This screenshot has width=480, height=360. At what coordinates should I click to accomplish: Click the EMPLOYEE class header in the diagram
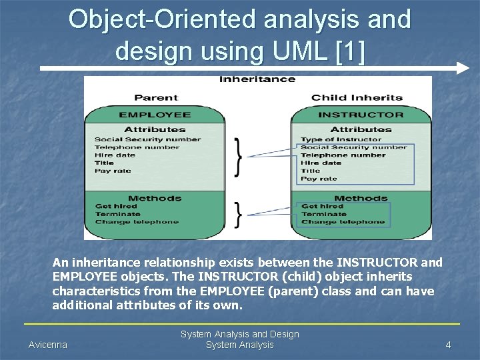click(155, 115)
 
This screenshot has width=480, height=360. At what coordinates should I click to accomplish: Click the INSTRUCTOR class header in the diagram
click(361, 115)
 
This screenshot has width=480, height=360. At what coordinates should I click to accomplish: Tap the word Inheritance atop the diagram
click(257, 79)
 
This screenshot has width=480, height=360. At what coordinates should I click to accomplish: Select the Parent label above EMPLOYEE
click(156, 98)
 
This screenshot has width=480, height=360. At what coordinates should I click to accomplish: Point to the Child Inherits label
click(357, 98)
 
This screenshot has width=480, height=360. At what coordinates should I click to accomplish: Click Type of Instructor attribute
click(331, 139)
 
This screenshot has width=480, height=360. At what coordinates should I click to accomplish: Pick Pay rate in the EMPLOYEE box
click(113, 171)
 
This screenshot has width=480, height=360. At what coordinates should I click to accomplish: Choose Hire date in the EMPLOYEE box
click(115, 155)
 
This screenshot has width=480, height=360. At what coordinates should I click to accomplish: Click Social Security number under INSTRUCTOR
click(353, 147)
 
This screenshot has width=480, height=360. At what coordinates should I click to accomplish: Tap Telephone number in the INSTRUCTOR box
click(343, 155)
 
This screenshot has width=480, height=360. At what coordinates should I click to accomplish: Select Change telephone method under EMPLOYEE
click(137, 222)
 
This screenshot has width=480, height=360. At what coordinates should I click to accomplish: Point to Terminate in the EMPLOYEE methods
click(117, 214)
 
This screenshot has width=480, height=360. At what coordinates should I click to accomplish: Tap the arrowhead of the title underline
click(464, 68)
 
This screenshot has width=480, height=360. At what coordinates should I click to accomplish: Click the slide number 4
click(449, 345)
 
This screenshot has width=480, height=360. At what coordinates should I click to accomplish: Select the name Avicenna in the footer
click(48, 345)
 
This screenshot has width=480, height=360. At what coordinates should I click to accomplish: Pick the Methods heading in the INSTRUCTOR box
click(361, 198)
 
